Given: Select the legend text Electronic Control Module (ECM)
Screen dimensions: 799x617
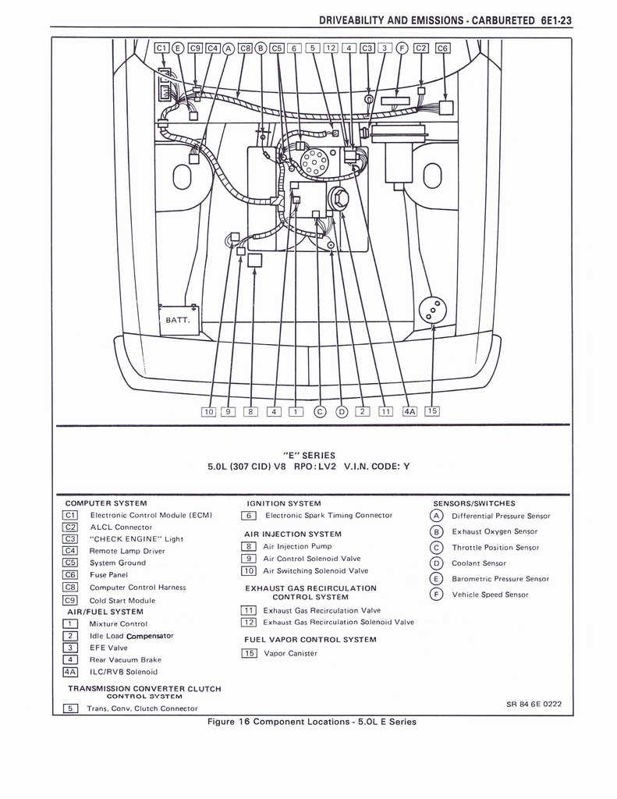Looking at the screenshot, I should pos(151,515).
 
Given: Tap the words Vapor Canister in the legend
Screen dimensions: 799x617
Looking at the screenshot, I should pos(290,653).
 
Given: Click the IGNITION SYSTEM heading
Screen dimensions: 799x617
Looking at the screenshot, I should pos(284,503).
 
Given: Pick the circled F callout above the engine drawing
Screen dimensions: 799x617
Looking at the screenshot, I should pos(402,48).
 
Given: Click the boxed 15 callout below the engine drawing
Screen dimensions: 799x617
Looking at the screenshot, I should pos(432,411).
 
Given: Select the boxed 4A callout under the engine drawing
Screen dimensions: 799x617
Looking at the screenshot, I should pos(410,412).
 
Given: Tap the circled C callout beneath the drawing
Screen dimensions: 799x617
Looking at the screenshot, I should pos(318,412).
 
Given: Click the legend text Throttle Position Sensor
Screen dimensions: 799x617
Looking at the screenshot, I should pos(495,547).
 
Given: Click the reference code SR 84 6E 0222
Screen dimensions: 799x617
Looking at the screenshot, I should pos(534,704).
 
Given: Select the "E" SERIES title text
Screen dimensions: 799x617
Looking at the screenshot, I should pos(309,455).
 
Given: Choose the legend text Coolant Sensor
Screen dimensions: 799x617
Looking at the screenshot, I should pos(479,563).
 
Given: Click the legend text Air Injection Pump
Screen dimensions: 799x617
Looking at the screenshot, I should pos(297,546).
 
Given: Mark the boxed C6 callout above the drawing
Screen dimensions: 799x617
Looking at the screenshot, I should pos(442,48).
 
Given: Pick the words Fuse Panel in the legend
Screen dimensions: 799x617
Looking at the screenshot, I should pos(108,574).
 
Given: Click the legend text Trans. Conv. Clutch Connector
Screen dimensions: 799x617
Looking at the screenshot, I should pos(142,708).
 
